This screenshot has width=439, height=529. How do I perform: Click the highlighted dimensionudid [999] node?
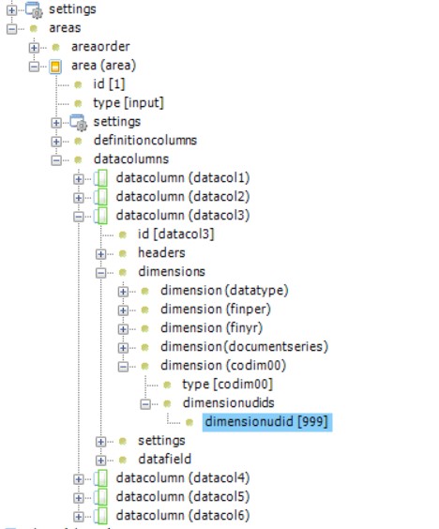(267, 422)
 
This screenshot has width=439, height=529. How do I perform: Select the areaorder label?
(100, 47)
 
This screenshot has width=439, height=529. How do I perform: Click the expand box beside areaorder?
(34, 48)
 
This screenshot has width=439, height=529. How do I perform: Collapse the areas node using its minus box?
(11, 29)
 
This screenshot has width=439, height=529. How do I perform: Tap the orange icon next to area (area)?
(55, 67)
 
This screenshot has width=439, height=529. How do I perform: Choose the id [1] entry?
(109, 84)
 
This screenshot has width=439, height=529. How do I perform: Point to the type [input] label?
(129, 103)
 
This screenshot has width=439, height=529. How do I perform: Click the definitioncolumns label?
(145, 141)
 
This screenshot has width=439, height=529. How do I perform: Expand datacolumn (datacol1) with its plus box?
(78, 179)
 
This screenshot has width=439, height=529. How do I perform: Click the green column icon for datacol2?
(101, 197)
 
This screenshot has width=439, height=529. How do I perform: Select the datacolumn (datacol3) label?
(183, 215)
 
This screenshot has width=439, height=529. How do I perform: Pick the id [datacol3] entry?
(175, 234)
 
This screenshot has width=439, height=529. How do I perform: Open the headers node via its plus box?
(100, 253)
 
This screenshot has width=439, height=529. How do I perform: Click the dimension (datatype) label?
(224, 291)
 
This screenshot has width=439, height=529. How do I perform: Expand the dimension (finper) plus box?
(123, 310)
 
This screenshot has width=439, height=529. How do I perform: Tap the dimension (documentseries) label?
(244, 347)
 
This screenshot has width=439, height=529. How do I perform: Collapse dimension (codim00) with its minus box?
(123, 367)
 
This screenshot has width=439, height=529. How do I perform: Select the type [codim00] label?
(227, 385)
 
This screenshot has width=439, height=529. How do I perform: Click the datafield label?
(165, 460)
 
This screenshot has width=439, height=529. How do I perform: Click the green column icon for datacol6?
(101, 516)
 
